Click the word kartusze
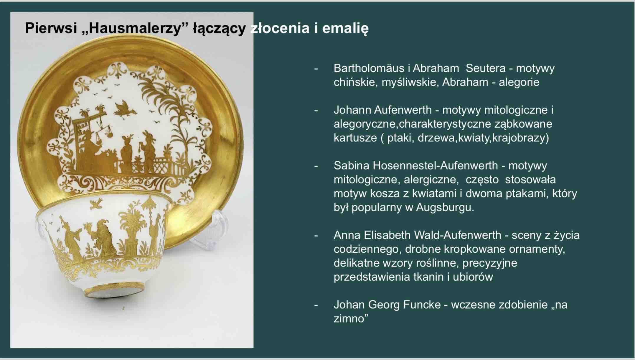[355, 138]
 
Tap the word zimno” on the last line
[351, 318]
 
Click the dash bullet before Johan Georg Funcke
[316, 305]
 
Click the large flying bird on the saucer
[125, 108]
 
